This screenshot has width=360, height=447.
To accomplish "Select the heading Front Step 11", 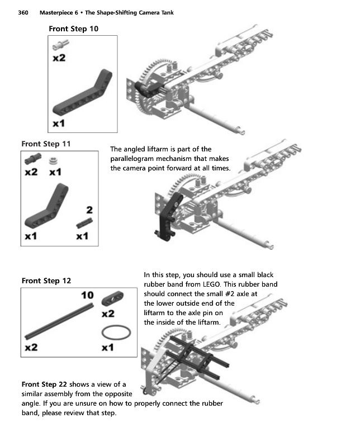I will (x=46, y=144).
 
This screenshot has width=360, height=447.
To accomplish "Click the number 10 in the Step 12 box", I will (x=87, y=294).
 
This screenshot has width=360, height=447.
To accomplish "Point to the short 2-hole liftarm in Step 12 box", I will (x=112, y=298).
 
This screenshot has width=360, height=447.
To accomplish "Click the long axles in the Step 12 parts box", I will (x=59, y=322).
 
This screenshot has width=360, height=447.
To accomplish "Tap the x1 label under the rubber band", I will (x=108, y=348).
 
